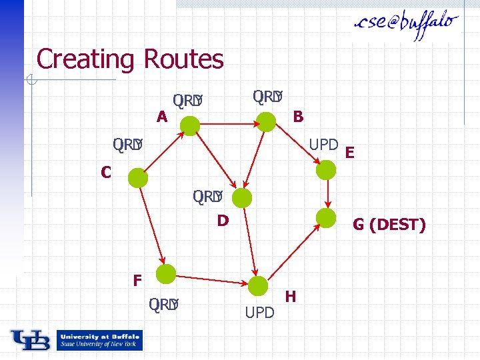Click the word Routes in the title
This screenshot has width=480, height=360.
[x=183, y=59]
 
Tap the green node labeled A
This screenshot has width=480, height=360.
[x=191, y=125]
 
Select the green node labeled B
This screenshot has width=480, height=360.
[x=266, y=121]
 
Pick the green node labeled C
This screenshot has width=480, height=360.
[x=138, y=178]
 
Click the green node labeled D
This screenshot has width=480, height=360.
[x=242, y=197]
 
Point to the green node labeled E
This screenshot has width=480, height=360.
[x=326, y=170]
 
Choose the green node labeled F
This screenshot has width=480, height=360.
[x=165, y=273]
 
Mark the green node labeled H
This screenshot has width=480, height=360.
[x=258, y=286]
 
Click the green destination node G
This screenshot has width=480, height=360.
[x=326, y=217]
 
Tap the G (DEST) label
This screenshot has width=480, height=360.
[x=389, y=225]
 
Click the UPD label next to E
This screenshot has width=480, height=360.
[x=323, y=145]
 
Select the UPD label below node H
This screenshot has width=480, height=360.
[x=259, y=312]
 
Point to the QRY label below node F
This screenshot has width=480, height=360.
[x=164, y=305]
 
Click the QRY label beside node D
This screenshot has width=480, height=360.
[x=207, y=197]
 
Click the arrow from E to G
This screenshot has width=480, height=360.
[x=327, y=194]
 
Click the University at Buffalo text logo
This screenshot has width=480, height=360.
[x=99, y=340]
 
